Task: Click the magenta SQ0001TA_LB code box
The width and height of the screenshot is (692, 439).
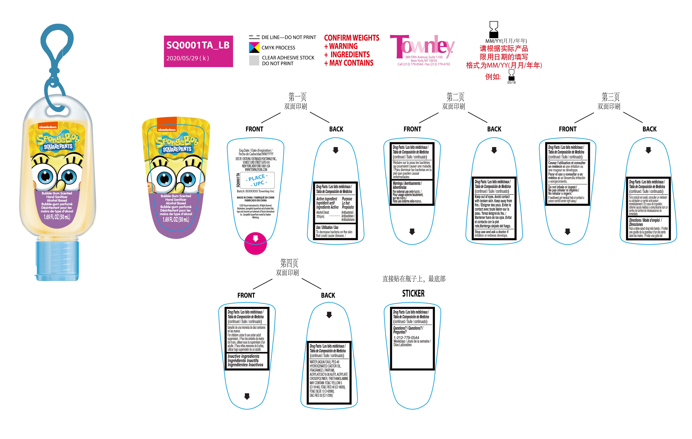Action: click(x=198, y=51)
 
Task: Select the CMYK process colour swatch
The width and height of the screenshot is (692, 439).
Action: click(x=254, y=47)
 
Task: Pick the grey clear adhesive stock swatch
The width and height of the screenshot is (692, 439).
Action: click(x=254, y=60)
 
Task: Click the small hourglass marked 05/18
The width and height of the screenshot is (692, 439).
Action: click(x=511, y=75)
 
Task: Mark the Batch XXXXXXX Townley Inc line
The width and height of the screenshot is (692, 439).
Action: click(x=255, y=191)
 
